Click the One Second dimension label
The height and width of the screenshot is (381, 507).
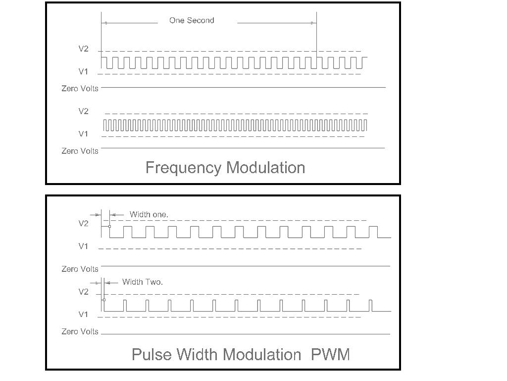pos(192,20)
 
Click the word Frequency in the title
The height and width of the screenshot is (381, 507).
pos(183,168)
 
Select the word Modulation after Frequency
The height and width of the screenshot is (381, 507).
pos(265,168)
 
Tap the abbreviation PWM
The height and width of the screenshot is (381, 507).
pos(330,354)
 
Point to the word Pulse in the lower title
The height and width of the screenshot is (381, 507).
pos(152,354)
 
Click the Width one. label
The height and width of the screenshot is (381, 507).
pos(149,214)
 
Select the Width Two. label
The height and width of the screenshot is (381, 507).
pos(142,282)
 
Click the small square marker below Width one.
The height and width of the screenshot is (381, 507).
pos(109,226)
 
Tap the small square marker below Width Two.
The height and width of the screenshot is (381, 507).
pos(104,300)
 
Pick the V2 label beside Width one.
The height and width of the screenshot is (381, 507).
pos(83,224)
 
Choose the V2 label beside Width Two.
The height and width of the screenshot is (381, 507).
pos(83,292)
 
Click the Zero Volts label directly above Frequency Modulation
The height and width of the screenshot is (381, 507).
pos(80,151)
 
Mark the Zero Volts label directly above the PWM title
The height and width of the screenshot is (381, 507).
pos(80,331)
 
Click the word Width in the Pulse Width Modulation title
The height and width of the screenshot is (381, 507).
pos(197,354)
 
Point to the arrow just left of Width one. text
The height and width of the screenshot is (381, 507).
pos(117,214)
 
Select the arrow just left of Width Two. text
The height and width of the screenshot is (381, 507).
pos(111,283)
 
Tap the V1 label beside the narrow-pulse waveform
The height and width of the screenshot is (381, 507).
pos(83,314)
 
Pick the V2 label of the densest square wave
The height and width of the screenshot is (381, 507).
pos(83,111)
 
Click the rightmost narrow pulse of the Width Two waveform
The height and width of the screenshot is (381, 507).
pos(370,306)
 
